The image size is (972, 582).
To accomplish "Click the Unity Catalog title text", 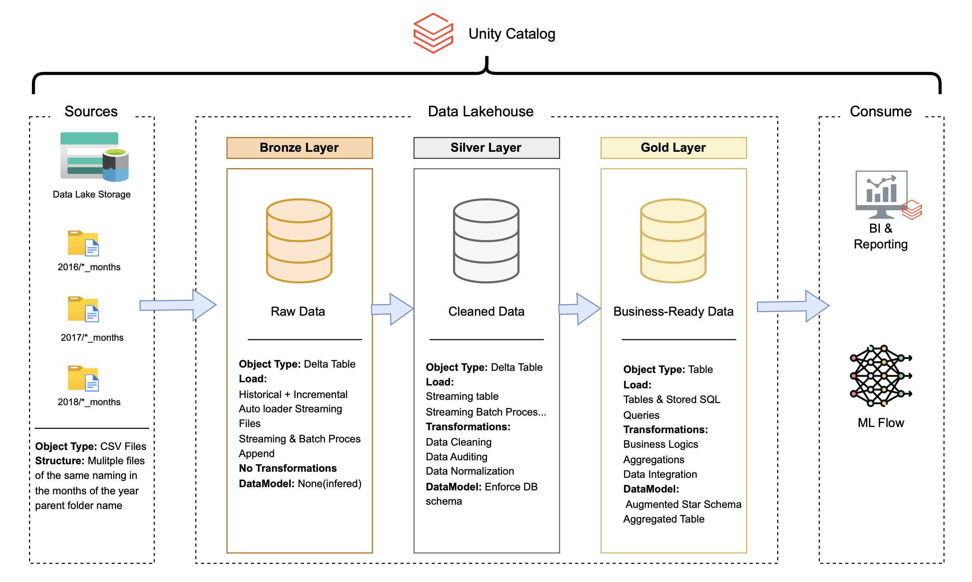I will (x=511, y=34).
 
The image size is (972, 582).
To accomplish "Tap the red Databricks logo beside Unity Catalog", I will (x=433, y=33).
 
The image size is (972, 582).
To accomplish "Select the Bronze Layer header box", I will (x=299, y=147).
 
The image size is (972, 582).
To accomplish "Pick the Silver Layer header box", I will (x=486, y=147).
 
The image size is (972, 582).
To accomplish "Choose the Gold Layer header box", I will (x=673, y=147).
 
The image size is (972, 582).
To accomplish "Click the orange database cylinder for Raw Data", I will (x=299, y=241).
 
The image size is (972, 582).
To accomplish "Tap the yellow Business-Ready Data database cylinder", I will (x=673, y=241).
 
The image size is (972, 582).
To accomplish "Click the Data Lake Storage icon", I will (x=94, y=157).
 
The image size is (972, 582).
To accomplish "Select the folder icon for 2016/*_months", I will (x=83, y=243).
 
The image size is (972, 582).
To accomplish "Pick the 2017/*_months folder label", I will (x=92, y=337).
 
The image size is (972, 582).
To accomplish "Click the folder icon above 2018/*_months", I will (x=83, y=378).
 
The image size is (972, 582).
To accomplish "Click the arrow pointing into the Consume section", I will (x=792, y=306).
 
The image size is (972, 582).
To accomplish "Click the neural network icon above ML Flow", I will (x=880, y=375).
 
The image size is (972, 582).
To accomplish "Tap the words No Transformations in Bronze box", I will (x=288, y=468).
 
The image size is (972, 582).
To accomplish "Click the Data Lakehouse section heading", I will (x=480, y=111).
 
